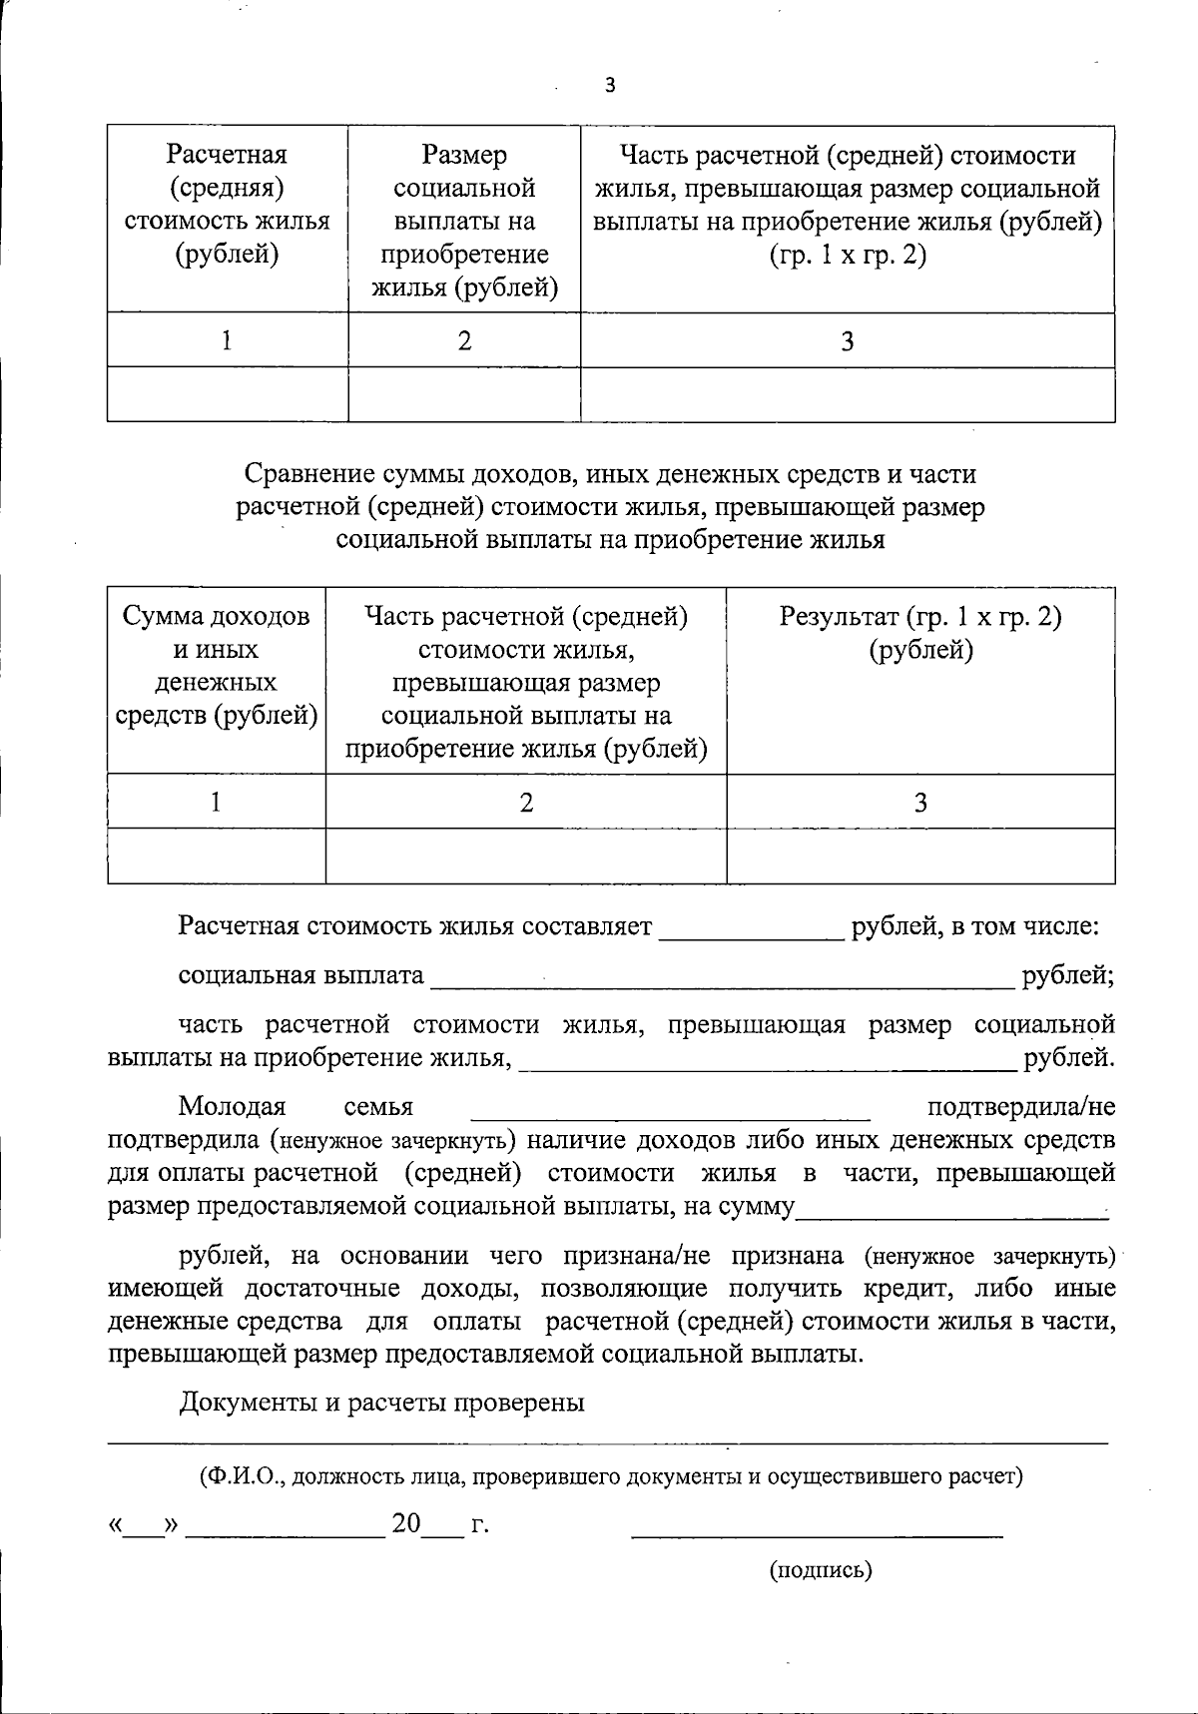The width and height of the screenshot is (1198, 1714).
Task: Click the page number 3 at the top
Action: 610,87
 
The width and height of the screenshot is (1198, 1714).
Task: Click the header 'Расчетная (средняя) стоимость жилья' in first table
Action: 227,205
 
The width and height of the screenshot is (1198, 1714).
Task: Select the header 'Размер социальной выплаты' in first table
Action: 464,221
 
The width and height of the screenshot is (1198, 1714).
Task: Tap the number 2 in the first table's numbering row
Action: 464,341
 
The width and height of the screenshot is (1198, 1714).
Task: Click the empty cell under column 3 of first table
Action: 848,394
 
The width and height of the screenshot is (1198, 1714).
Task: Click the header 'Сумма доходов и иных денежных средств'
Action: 217,666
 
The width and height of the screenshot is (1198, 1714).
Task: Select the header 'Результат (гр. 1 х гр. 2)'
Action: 920,633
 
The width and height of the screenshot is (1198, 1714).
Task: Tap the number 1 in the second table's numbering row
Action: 217,803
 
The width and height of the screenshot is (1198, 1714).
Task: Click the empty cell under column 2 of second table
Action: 526,857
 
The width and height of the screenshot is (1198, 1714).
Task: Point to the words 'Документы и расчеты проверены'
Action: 381,1403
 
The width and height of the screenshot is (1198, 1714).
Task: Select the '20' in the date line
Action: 406,1524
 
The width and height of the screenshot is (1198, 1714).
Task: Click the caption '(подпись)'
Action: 821,1570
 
